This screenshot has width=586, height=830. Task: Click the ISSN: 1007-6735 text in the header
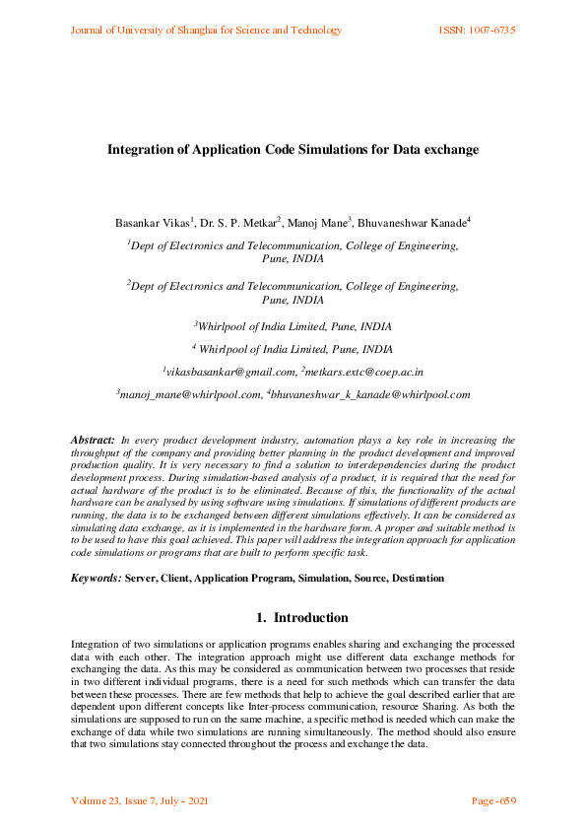[x=477, y=31]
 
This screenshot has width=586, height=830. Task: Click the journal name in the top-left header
[x=206, y=31]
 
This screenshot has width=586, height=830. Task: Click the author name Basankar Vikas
[x=152, y=224]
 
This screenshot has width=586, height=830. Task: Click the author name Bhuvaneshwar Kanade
[x=411, y=224]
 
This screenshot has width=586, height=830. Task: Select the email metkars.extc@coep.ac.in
[x=365, y=372]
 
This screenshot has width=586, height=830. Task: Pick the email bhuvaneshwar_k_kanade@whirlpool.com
[x=371, y=394]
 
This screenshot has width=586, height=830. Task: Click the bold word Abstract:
[x=94, y=438]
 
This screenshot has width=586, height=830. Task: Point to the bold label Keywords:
[x=97, y=578]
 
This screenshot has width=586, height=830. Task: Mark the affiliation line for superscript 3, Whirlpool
[x=293, y=324]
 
